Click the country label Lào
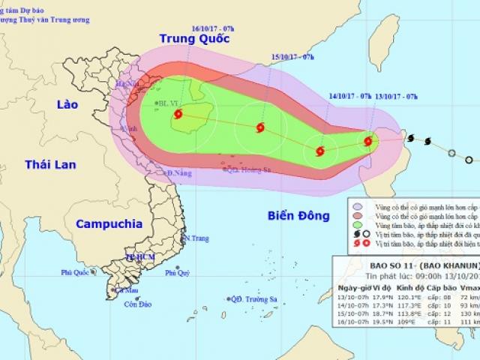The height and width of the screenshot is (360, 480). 67,106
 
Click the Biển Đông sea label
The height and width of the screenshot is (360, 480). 298,216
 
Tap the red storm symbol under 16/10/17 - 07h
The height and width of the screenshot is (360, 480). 178,114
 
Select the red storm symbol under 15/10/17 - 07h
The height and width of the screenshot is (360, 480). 260,127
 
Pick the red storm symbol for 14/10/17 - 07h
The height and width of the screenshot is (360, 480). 320,151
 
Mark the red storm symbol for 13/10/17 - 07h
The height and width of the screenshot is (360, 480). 368,140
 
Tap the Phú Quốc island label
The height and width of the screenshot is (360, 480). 76,273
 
